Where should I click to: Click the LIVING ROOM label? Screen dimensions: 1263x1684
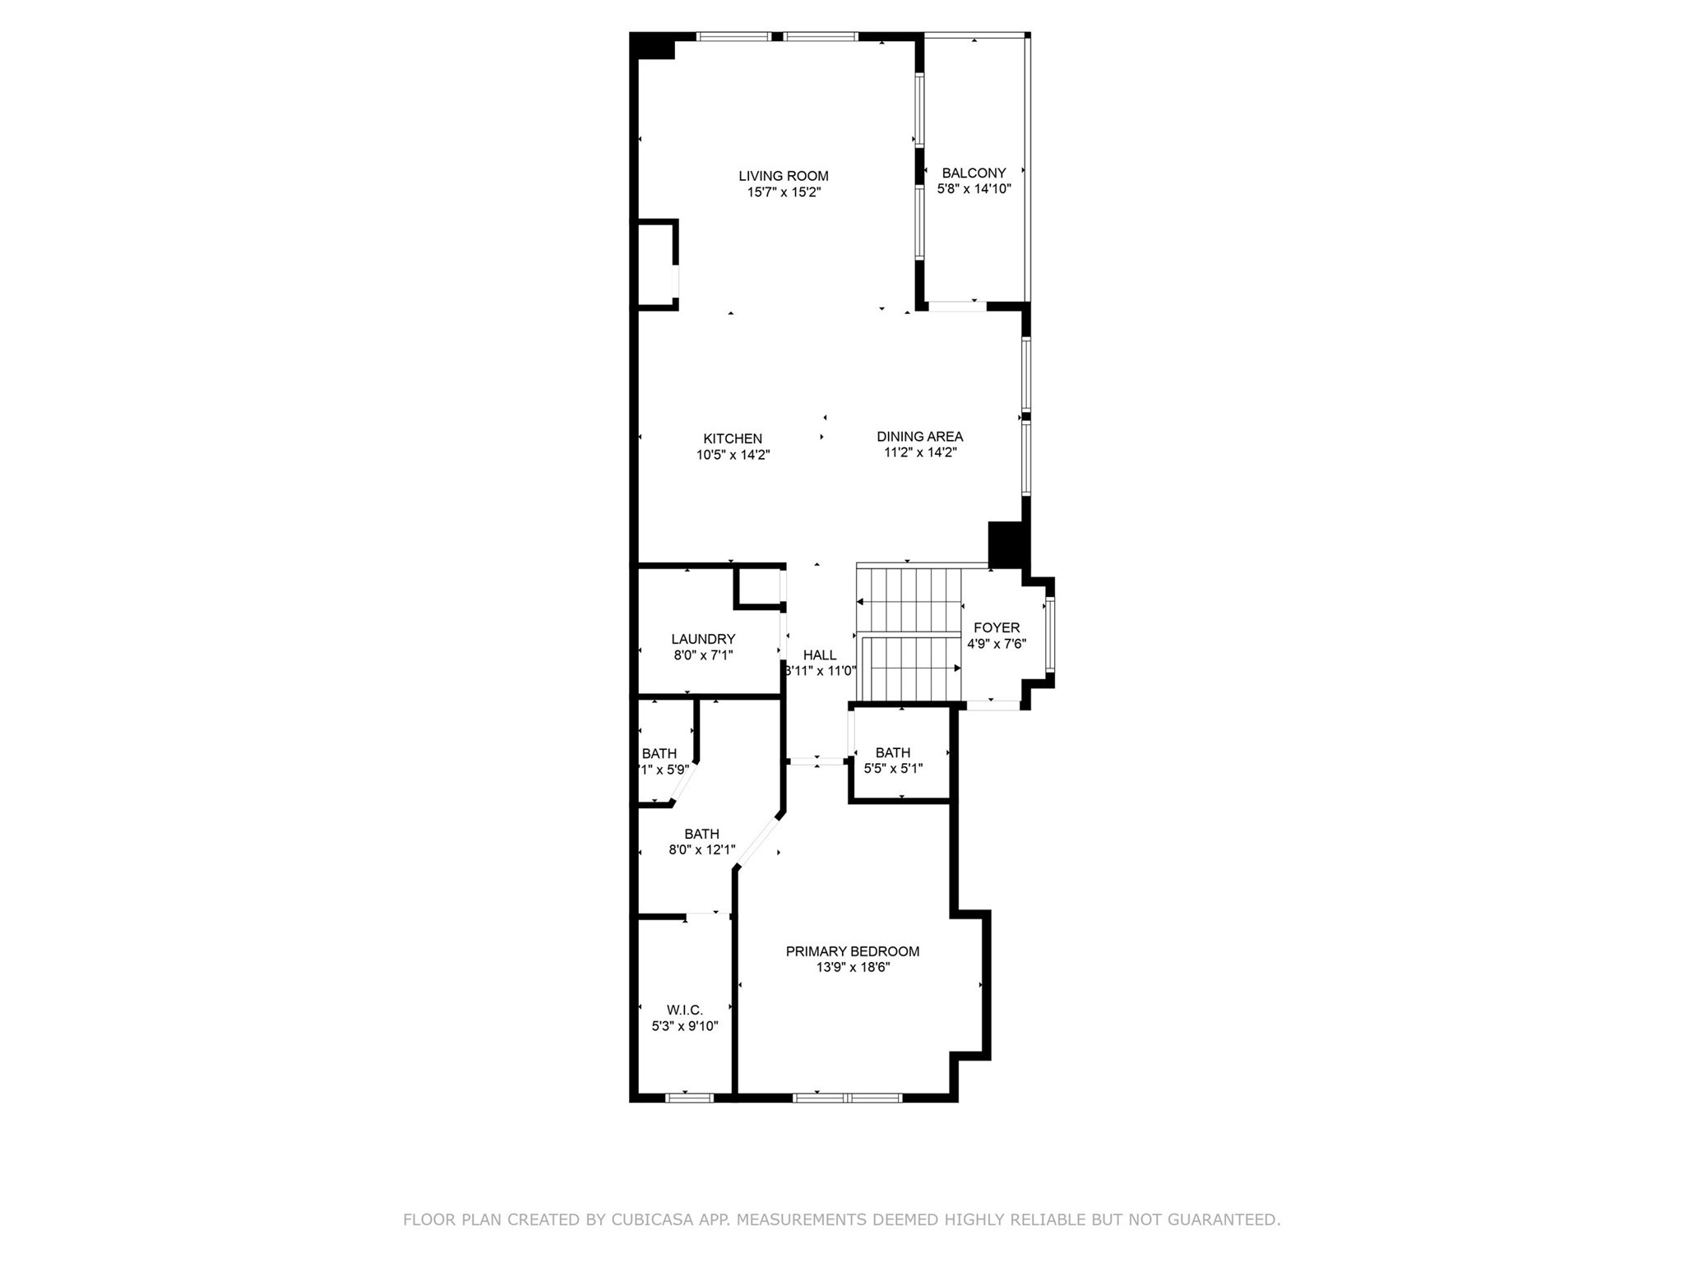(x=783, y=176)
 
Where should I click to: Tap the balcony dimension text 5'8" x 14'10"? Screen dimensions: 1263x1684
(x=974, y=189)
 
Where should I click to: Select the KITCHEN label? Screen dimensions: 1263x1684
(x=732, y=439)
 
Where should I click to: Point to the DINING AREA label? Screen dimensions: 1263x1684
(x=919, y=437)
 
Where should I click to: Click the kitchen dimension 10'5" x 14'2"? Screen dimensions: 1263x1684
(x=732, y=455)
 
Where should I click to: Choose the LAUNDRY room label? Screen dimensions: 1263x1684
(x=703, y=639)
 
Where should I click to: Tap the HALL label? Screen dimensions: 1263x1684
(x=819, y=655)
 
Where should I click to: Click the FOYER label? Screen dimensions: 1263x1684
(x=996, y=628)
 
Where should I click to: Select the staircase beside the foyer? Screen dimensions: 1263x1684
(x=909, y=633)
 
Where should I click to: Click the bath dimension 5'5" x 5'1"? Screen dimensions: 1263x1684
(x=893, y=769)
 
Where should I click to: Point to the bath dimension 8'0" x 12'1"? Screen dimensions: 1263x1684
(x=701, y=850)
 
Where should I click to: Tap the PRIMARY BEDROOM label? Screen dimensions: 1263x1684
(x=852, y=951)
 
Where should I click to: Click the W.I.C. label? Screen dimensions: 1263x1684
(x=684, y=1010)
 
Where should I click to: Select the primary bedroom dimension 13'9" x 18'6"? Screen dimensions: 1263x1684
(x=853, y=968)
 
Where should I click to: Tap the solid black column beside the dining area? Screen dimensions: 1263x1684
(x=1007, y=544)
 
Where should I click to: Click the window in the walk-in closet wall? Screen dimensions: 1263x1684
(x=689, y=1097)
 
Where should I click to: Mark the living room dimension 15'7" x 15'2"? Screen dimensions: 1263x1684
(x=783, y=192)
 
